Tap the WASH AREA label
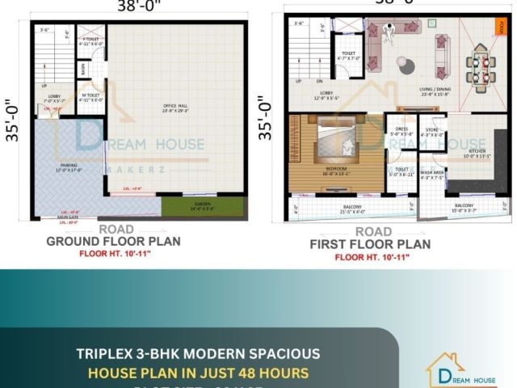pyautogui.click(x=431, y=174)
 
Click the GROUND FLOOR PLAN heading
pyautogui.click(x=113, y=241)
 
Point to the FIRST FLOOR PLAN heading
pyautogui.click(x=371, y=244)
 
